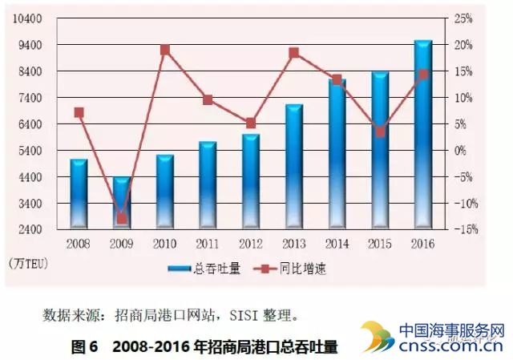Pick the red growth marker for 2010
[165, 50]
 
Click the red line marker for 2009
[122, 218]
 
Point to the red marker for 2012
[250, 123]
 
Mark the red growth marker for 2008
[79, 112]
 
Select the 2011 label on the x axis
[208, 243]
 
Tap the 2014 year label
[337, 243]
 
